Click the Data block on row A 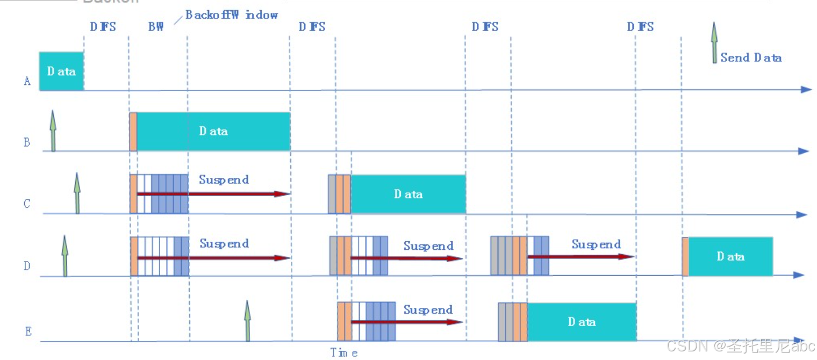point(61,71)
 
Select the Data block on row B point(213,131)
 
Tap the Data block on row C point(408,194)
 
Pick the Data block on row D point(730,256)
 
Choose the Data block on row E point(582,322)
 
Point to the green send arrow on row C point(77,193)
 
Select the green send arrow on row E point(247,320)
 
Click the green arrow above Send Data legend point(714,42)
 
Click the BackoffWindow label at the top point(232,15)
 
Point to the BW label point(156,27)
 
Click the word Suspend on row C point(224,179)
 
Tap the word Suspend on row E point(428,310)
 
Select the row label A point(27,82)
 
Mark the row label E point(28,331)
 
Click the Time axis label point(344,352)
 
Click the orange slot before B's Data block point(133,132)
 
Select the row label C point(27,205)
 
